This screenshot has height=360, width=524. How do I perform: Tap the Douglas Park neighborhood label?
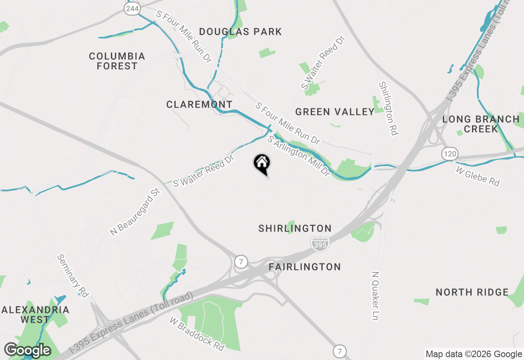tap(241, 32)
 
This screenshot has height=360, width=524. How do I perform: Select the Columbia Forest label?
tap(117, 61)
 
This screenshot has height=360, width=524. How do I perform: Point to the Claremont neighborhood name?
tap(199, 104)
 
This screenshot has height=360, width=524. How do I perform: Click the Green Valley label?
tap(335, 112)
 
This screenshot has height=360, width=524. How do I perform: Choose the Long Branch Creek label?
tap(481, 124)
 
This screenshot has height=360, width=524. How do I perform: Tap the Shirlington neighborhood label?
tap(295, 228)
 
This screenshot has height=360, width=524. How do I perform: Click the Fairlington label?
tap(305, 267)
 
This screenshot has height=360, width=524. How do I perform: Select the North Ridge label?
tap(472, 292)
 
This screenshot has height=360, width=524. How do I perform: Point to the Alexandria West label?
tap(35, 314)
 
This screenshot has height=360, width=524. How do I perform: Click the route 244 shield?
tap(132, 9)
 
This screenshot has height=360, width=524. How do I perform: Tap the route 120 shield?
tap(449, 154)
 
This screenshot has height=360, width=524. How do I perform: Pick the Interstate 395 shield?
tap(320, 244)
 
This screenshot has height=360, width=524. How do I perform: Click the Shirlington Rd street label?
tap(388, 108)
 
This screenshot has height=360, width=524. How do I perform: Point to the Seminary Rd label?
tap(72, 276)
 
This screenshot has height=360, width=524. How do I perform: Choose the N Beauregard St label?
tap(134, 211)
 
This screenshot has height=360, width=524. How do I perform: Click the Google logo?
tap(27, 350)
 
